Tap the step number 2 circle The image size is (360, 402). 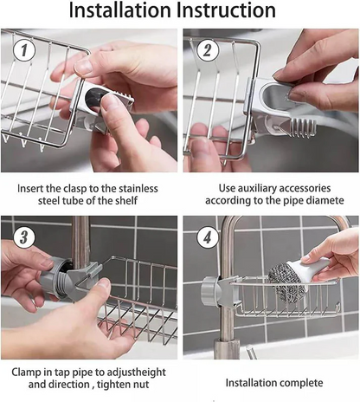point(206,50)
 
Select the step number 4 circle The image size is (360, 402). point(205,237)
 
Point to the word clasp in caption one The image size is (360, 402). point(78,186)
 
